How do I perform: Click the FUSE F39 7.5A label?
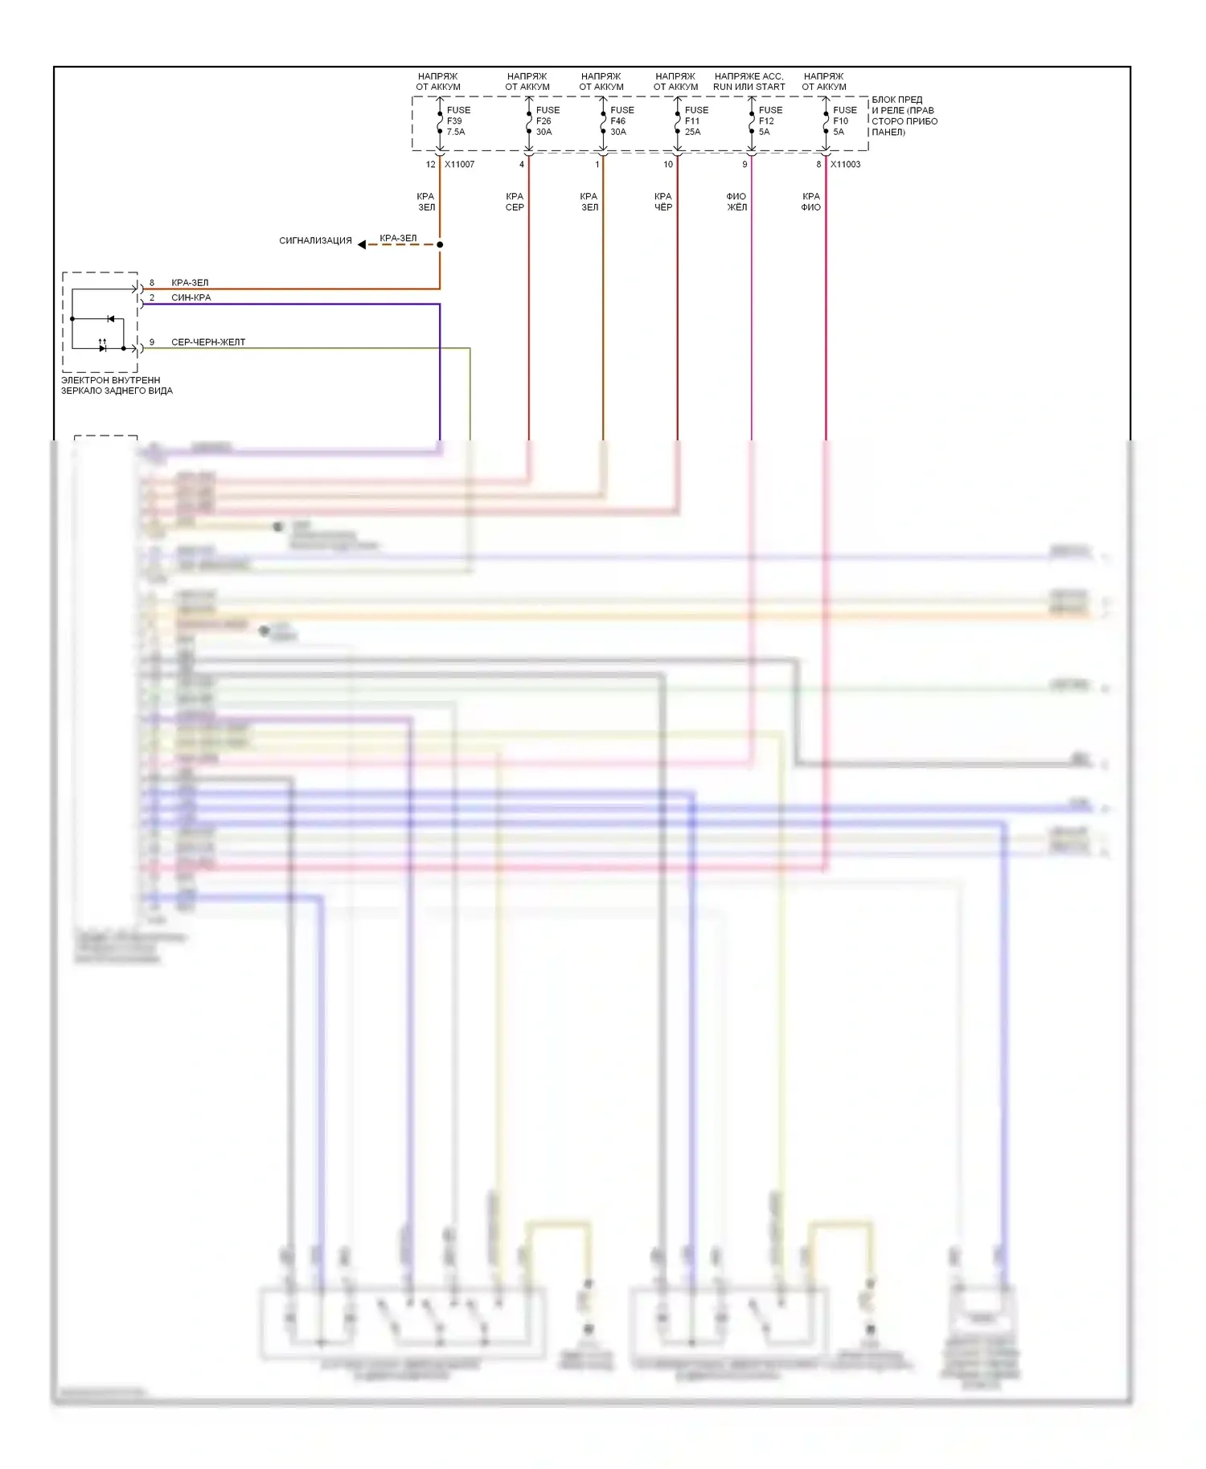tap(457, 121)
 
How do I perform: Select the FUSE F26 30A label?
tap(547, 121)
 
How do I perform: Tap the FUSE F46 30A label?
tap(621, 121)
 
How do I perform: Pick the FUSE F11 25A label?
tap(695, 121)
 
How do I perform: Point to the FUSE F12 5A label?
tap(769, 121)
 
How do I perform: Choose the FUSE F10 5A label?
tap(843, 121)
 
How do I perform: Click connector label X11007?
tap(459, 164)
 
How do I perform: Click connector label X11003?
tap(845, 164)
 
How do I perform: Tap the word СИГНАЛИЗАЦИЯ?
tap(315, 240)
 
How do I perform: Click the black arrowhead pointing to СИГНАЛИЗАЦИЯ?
tap(362, 244)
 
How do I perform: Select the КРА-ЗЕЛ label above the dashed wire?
tap(398, 238)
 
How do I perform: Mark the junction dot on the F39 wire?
tap(440, 244)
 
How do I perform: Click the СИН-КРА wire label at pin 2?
tap(191, 297)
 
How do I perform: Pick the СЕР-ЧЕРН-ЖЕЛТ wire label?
tap(208, 342)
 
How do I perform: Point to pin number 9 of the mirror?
tap(152, 342)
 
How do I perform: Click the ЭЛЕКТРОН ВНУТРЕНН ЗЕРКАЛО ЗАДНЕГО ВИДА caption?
tap(117, 385)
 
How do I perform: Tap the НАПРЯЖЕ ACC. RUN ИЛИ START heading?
tap(749, 81)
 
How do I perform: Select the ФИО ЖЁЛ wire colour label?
tap(736, 202)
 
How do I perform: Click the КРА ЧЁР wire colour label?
tap(662, 202)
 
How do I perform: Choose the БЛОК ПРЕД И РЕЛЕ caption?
tap(904, 116)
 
